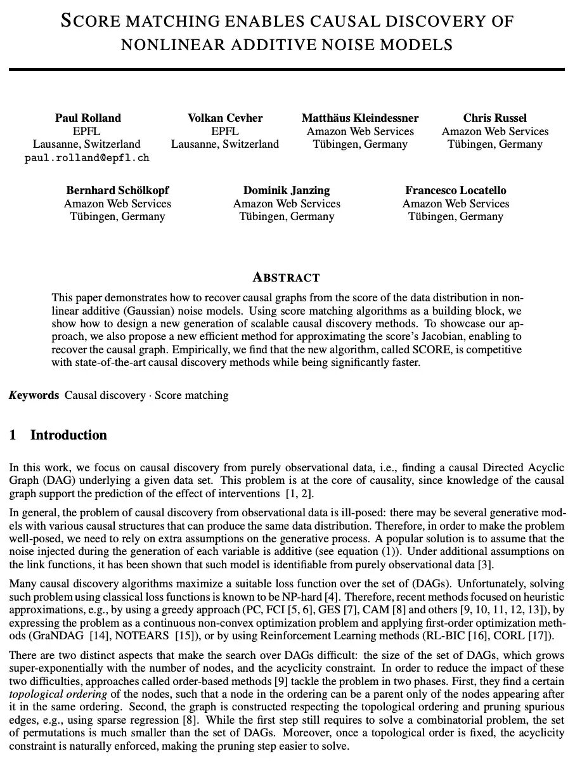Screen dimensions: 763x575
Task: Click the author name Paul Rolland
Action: click(87, 118)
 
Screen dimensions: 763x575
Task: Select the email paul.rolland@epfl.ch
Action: click(87, 158)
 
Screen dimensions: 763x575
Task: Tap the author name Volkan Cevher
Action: click(225, 118)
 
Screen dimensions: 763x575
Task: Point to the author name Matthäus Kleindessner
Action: click(360, 118)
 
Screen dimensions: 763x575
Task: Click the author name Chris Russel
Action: click(495, 118)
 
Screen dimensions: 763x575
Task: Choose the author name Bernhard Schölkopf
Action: click(117, 190)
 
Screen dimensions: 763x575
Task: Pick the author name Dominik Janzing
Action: click(287, 190)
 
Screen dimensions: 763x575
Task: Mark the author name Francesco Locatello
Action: click(456, 190)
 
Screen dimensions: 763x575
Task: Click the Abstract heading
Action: click(287, 277)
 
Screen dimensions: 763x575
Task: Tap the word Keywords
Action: click(34, 395)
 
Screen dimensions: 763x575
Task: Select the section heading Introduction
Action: click(68, 435)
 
